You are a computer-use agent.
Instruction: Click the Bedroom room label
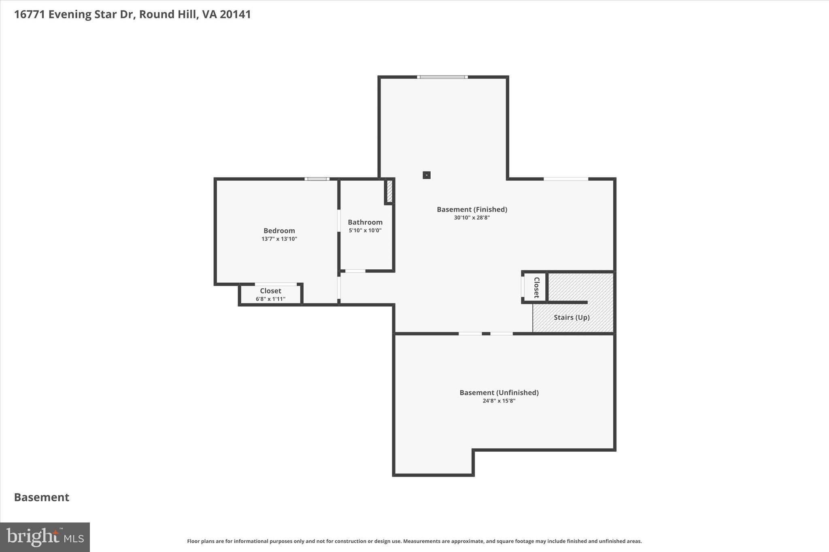pos(279,231)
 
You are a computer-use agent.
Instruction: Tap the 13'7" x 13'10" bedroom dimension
pos(279,239)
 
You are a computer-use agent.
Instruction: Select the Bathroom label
pos(365,222)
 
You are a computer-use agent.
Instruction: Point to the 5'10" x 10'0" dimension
pos(365,231)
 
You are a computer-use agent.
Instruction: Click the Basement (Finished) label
pos(472,209)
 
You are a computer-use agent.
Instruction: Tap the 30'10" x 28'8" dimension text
pos(472,218)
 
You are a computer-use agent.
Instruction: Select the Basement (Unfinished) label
pos(499,392)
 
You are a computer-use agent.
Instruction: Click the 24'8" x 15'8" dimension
pos(499,401)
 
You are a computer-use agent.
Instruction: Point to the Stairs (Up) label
pos(571,317)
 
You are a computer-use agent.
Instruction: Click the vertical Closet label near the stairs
pos(537,288)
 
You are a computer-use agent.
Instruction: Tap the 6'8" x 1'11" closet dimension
pos(270,299)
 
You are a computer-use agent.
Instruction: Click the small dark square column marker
pos(427,175)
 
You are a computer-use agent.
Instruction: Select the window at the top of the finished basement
pos(442,77)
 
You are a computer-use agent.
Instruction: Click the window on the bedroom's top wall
pos(317,179)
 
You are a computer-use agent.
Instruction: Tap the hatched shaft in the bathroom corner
pos(389,191)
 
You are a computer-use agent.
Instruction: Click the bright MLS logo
pos(45,537)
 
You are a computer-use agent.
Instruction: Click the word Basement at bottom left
pos(42,497)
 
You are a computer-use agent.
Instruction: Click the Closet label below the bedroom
pos(270,291)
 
